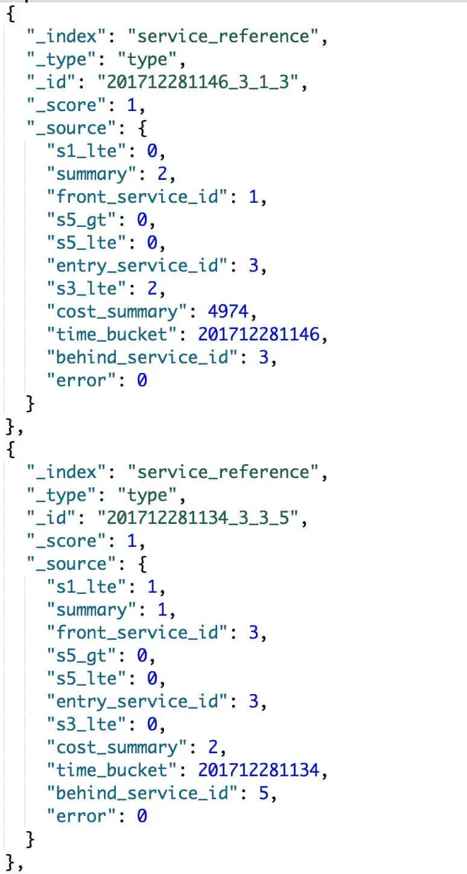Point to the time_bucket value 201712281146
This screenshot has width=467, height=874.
(x=259, y=334)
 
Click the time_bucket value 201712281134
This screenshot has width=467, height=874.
(x=259, y=770)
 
